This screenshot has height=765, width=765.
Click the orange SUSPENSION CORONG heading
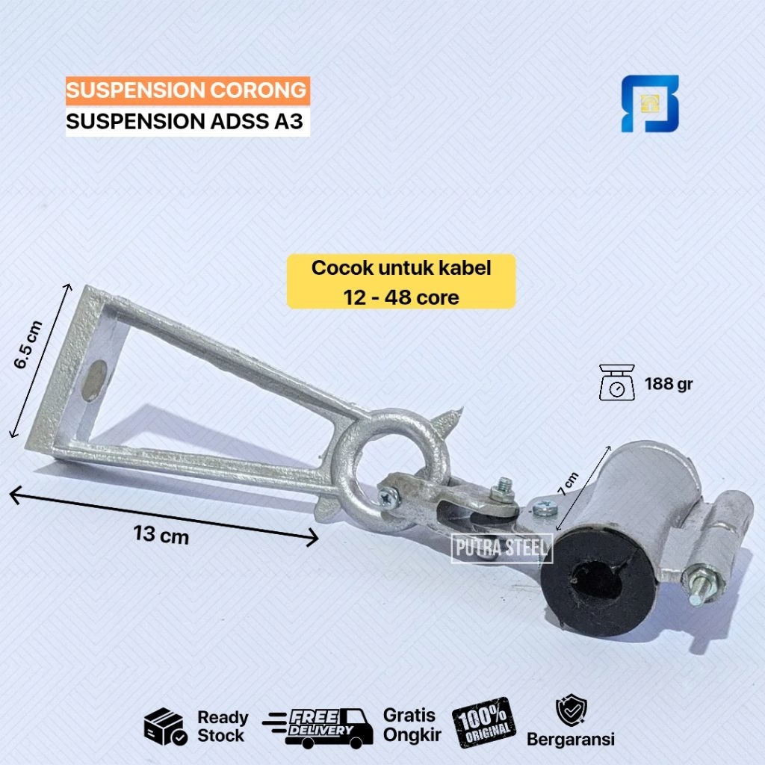188,90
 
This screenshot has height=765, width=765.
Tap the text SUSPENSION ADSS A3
185,122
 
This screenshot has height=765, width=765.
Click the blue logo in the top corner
650,103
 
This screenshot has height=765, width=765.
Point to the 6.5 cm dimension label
28,344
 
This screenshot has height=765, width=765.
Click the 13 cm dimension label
161,535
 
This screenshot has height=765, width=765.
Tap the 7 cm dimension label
569,484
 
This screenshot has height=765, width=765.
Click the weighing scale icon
617,382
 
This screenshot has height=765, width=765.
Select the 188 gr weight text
669,385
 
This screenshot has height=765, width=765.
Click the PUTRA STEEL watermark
501,548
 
